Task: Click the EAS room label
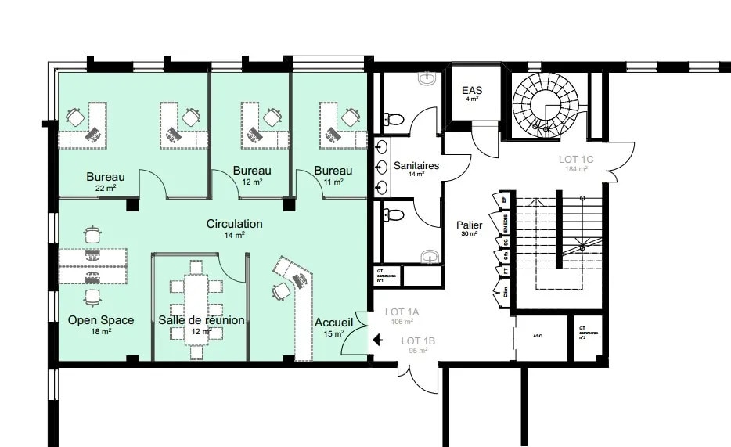pyautogui.click(x=472, y=91)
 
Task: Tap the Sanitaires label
pyautogui.click(x=416, y=166)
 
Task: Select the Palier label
pyautogui.click(x=469, y=225)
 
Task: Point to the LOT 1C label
pyautogui.click(x=576, y=160)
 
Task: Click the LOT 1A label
pyautogui.click(x=402, y=312)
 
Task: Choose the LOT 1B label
pyautogui.click(x=418, y=341)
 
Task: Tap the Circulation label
pyautogui.click(x=234, y=224)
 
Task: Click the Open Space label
pyautogui.click(x=100, y=320)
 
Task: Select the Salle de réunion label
pyautogui.click(x=201, y=320)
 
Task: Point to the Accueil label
pyautogui.click(x=334, y=323)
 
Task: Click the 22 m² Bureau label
pyautogui.click(x=106, y=176)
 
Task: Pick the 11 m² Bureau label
pyautogui.click(x=333, y=171)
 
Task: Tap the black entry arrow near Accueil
pyautogui.click(x=376, y=340)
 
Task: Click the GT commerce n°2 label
pyautogui.click(x=588, y=332)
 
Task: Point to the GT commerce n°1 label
pyautogui.click(x=387, y=276)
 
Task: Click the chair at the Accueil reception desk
pyautogui.click(x=282, y=291)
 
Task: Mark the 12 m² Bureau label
pyautogui.click(x=252, y=171)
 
